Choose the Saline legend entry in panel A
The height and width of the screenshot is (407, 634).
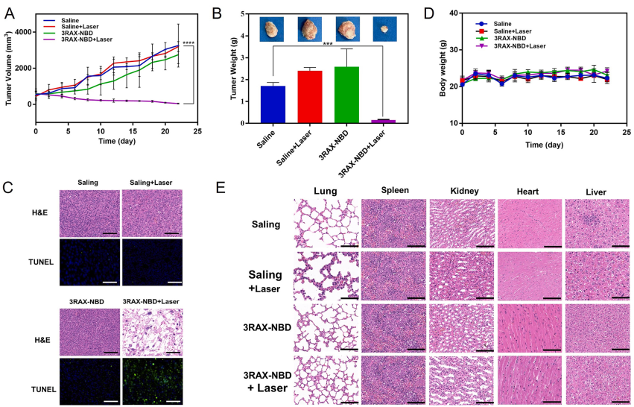point(66,22)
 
